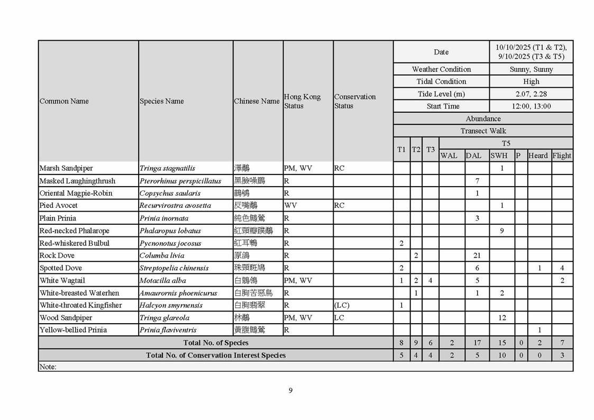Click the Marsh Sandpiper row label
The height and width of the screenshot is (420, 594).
[x=66, y=168]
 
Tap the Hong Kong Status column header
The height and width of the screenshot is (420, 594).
[x=302, y=101]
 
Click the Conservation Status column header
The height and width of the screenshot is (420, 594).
[x=354, y=101]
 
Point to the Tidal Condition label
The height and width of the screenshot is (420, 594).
[x=441, y=81]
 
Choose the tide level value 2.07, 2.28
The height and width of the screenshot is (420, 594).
[x=531, y=94]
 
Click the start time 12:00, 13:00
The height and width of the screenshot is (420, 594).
[x=531, y=106]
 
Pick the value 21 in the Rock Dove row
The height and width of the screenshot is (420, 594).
[x=477, y=255]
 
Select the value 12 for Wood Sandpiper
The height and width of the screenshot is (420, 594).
[x=502, y=318]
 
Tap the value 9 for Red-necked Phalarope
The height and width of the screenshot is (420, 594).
[x=502, y=231]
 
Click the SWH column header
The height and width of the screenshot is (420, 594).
[x=499, y=156]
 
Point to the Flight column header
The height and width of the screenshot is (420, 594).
[x=562, y=156]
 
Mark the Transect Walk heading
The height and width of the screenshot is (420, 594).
[x=483, y=131]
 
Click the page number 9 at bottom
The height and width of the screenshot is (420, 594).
[x=290, y=391]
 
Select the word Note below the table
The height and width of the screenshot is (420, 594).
[x=48, y=367]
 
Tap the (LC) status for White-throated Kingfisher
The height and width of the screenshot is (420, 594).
[x=342, y=305]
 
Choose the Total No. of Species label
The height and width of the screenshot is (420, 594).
[x=216, y=343]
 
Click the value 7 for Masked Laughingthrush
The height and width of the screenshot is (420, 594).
[x=477, y=181]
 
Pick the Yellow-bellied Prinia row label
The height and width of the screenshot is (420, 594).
[x=73, y=330]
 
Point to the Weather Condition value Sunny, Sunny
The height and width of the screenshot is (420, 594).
[x=531, y=69]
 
